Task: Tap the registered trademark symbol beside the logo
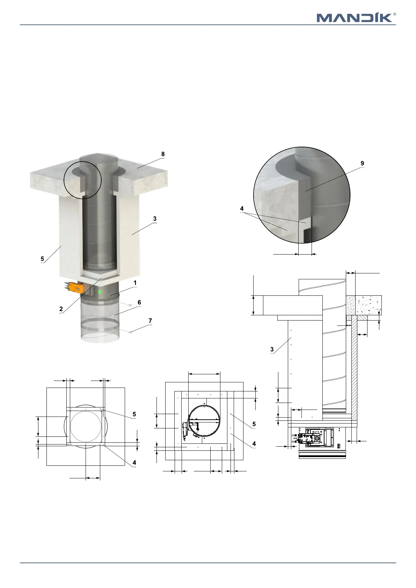click(x=394, y=14)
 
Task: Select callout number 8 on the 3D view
click(x=163, y=154)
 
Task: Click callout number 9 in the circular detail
click(x=362, y=163)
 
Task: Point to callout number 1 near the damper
click(x=135, y=283)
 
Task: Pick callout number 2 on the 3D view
click(x=61, y=309)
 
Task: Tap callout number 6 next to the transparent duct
click(x=139, y=302)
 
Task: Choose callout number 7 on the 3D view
click(x=150, y=321)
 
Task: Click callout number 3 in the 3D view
click(x=155, y=219)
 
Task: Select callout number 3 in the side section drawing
click(x=272, y=350)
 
